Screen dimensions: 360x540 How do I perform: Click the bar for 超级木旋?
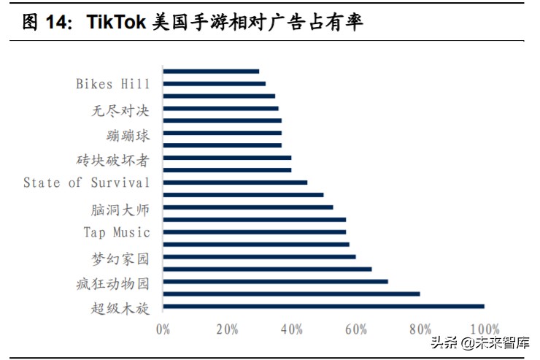[x=323, y=307]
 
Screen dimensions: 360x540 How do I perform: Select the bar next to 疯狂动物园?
[x=275, y=282]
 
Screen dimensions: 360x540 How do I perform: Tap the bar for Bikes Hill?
[x=214, y=84]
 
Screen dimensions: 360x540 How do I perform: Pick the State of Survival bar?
[x=235, y=183]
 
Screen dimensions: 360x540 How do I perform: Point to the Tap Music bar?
[x=254, y=232]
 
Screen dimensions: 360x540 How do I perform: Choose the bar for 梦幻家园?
[x=259, y=257]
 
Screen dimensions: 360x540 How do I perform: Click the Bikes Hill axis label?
[x=113, y=84]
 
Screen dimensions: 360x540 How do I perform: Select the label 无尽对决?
[x=120, y=111]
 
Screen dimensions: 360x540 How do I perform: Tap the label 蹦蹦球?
[x=128, y=136]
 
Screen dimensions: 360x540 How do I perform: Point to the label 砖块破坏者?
[x=113, y=160]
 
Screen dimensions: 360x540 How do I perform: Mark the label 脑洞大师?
[x=120, y=210]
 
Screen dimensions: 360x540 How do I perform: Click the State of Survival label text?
[x=86, y=183]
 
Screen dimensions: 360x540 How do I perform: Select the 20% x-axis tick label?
[x=227, y=329]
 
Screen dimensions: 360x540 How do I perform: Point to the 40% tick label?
[x=291, y=329]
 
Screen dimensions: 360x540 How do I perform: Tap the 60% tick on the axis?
[x=355, y=329]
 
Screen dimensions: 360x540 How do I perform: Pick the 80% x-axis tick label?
[x=420, y=329]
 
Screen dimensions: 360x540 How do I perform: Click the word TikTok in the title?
[x=116, y=23]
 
